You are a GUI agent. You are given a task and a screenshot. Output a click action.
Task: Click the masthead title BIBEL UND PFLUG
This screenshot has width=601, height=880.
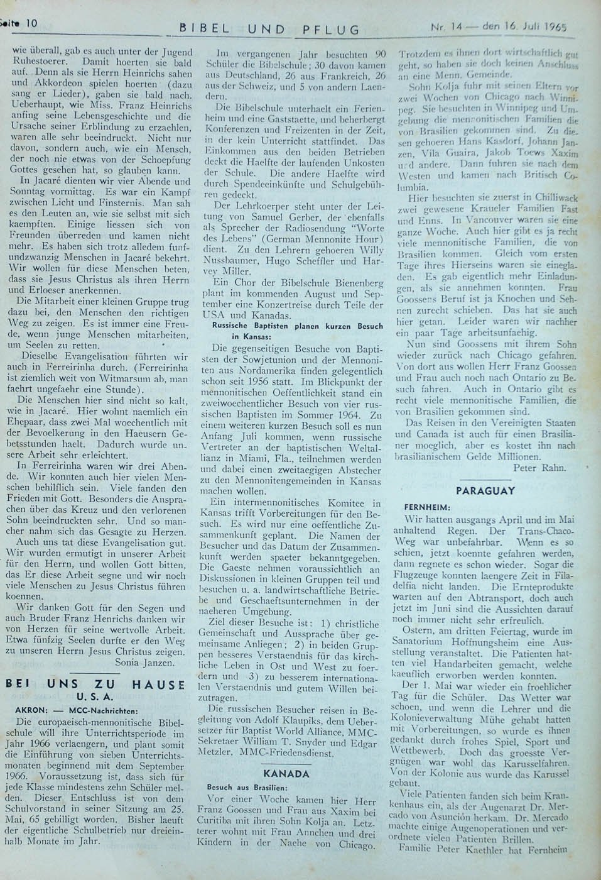point(270,29)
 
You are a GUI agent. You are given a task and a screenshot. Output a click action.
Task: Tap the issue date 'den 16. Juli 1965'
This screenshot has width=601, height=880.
point(516,27)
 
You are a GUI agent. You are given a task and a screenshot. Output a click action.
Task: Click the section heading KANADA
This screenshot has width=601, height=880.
point(286,773)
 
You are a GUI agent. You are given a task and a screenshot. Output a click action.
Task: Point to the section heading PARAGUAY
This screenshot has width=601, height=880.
point(494,491)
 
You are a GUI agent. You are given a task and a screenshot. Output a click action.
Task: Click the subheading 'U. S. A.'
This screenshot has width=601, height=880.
point(95,696)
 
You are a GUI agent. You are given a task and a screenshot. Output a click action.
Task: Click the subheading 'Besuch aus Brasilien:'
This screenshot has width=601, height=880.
point(247,787)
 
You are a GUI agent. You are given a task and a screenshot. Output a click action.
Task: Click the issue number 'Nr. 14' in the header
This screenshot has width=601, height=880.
point(444,28)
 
